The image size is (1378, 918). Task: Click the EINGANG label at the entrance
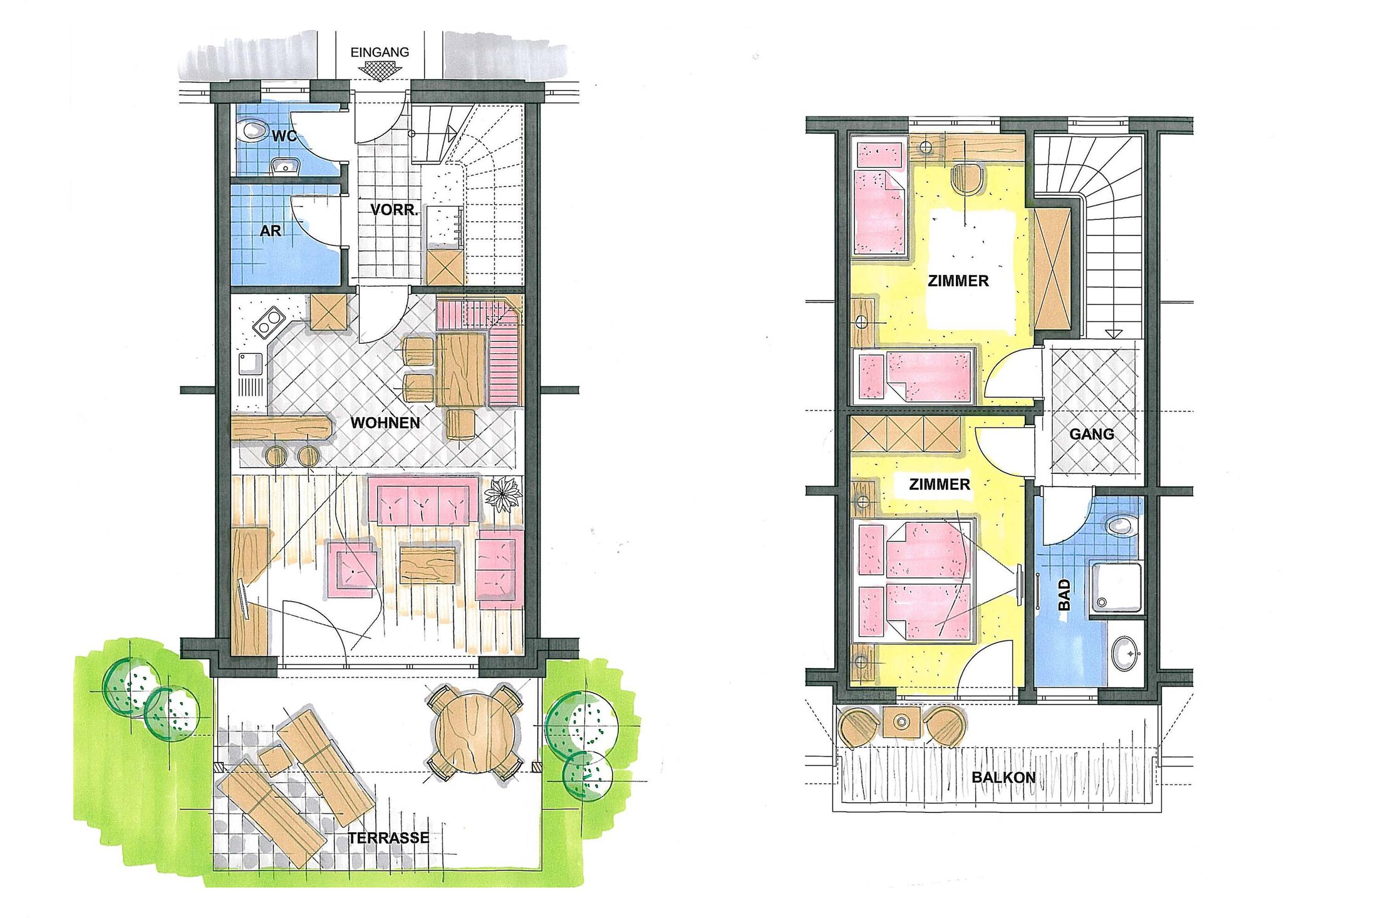pos(380,53)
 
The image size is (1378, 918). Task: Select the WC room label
pos(284,136)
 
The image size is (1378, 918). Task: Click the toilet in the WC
pos(252,130)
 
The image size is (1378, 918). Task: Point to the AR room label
pos(271,231)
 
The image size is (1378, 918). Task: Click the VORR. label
pos(394,210)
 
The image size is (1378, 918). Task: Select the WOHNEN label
pos(385,423)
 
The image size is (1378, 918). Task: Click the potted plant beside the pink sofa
pos(503,494)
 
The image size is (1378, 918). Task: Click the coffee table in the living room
pos(428,565)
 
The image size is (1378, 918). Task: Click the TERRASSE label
pos(389,838)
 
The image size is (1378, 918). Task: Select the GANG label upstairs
pos(1091,434)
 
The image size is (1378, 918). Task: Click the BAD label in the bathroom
pos(1064,594)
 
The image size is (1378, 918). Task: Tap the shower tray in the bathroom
pos(1117,587)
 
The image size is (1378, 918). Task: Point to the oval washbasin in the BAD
pos(1126,654)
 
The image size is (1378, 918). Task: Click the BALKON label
pos(1003,778)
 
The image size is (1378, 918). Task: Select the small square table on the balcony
pos(901,722)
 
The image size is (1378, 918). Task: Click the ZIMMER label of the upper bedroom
pos(958,281)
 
